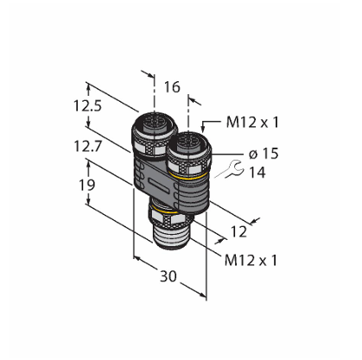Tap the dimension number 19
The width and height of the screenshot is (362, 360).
(x=87, y=185)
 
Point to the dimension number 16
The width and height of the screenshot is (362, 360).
(x=172, y=87)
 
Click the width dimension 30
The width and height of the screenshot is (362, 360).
(x=168, y=276)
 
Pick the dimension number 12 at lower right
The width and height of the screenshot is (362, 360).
(x=239, y=231)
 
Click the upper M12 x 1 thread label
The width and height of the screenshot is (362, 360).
(x=252, y=123)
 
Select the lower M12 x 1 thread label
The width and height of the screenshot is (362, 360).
(x=251, y=261)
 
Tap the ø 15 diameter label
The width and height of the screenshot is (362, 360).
(x=264, y=154)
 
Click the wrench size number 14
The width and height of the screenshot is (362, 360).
(x=257, y=173)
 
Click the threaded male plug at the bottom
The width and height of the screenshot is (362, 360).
(x=170, y=236)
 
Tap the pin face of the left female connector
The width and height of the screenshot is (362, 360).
(x=155, y=123)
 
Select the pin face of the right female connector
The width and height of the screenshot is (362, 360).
(x=188, y=141)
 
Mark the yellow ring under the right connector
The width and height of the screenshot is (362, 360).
(x=188, y=177)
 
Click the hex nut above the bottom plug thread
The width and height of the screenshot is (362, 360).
(x=170, y=218)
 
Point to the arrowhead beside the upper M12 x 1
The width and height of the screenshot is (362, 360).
(x=204, y=129)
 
